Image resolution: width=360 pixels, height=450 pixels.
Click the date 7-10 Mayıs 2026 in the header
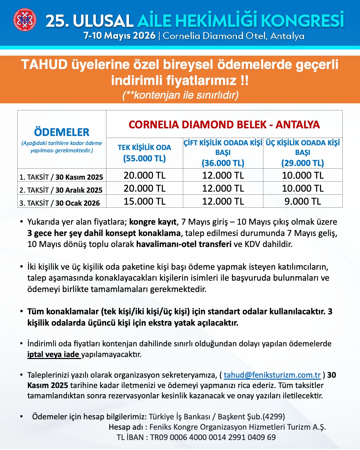pyautogui.click(x=119, y=36)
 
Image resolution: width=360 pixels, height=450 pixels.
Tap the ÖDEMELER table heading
pyautogui.click(x=62, y=132)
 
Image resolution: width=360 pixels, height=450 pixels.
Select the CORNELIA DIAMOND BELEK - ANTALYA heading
pyautogui.click(x=224, y=125)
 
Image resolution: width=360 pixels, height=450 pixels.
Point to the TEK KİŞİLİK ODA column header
pyautogui.click(x=144, y=147)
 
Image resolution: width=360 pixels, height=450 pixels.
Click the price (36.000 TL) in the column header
pyautogui.click(x=223, y=163)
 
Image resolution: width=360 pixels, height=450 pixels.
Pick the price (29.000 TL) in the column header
pyautogui.click(x=303, y=163)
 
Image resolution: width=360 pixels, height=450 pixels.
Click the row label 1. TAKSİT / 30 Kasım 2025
pyautogui.click(x=61, y=177)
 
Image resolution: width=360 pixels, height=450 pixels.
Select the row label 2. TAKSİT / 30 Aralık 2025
pyautogui.click(x=61, y=190)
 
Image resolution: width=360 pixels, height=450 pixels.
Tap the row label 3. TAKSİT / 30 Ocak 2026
pyautogui.click(x=60, y=203)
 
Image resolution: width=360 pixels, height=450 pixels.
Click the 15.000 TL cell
pyautogui.click(x=144, y=201)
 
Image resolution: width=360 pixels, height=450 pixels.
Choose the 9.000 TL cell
pyautogui.click(x=303, y=201)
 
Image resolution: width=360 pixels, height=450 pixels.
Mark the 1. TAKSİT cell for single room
pyautogui.click(x=144, y=175)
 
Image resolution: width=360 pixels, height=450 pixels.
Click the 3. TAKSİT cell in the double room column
pyautogui.click(x=223, y=201)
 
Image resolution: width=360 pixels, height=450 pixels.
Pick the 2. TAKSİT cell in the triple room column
pyautogui.click(x=303, y=188)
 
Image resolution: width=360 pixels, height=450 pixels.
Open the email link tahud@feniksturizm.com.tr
pyautogui.click(x=272, y=375)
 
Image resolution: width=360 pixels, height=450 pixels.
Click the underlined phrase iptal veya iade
pyautogui.click(x=53, y=354)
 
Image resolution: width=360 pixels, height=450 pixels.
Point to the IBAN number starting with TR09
pyautogui.click(x=213, y=437)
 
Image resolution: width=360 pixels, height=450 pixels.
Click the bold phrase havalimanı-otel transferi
pyautogui.click(x=184, y=244)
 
